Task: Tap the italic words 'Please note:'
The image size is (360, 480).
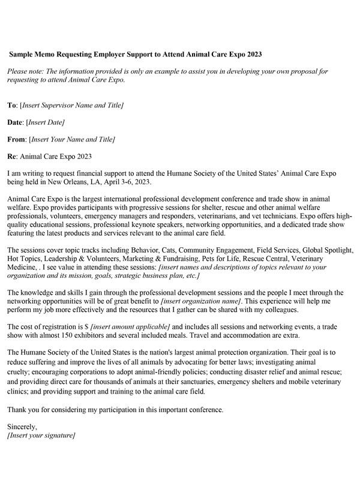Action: click(26, 71)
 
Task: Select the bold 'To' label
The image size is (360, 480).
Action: click(11, 105)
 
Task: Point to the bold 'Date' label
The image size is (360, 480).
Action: click(15, 122)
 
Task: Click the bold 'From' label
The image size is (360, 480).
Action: click(16, 140)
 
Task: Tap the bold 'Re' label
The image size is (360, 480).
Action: click(11, 157)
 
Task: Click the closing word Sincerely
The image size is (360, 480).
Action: click(22, 427)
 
